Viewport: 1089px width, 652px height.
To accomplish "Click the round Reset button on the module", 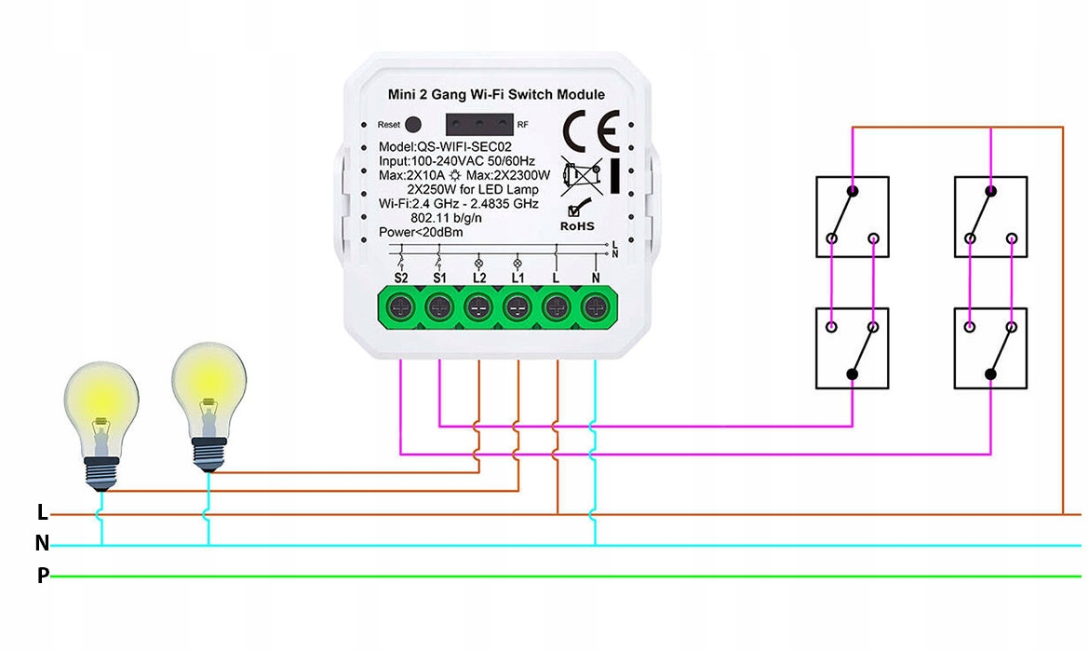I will click(414, 124).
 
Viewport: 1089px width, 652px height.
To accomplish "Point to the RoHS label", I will click(577, 225).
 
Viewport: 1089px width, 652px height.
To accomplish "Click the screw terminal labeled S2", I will click(401, 306).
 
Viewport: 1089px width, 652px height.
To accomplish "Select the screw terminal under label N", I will click(595, 306).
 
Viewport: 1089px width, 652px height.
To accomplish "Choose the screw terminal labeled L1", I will click(518, 306).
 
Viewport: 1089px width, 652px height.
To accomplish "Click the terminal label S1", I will click(439, 278).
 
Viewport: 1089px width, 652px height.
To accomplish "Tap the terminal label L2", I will click(478, 278).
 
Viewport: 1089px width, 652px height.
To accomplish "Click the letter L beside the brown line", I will click(42, 512).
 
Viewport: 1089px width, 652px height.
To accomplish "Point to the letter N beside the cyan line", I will click(42, 543).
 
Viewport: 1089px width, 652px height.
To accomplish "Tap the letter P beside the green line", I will click(43, 576).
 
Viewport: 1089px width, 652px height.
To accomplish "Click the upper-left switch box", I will click(852, 216).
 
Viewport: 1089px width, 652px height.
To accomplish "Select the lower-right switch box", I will click(990, 347).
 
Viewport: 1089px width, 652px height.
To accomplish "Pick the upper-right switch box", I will click(990, 216).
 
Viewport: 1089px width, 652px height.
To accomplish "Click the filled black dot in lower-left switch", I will click(852, 374).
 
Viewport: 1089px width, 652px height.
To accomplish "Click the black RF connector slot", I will click(479, 123).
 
